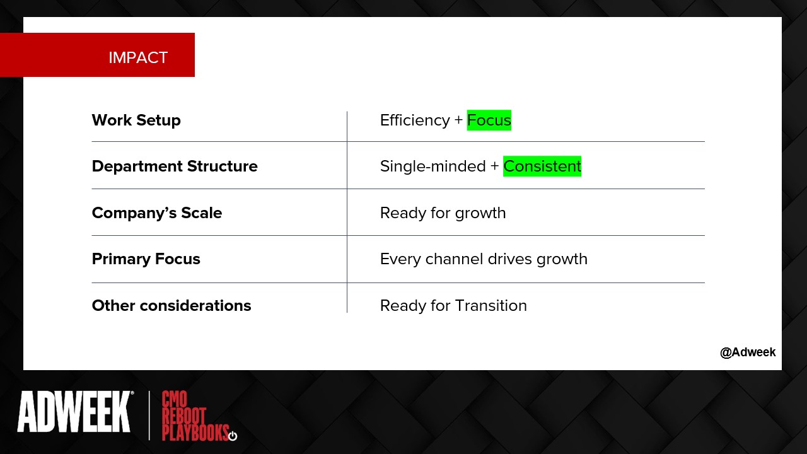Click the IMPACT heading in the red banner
(x=138, y=57)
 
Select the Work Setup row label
(x=136, y=120)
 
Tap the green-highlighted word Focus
(x=489, y=120)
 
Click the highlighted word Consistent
(x=542, y=166)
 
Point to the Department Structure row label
(x=175, y=166)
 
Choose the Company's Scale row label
(x=157, y=212)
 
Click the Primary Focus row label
(x=146, y=259)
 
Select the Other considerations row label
(x=171, y=306)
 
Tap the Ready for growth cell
(x=443, y=213)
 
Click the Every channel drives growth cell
(x=484, y=259)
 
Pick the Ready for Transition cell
(x=453, y=306)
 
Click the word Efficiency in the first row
(x=415, y=120)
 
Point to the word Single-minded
(x=433, y=166)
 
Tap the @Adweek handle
(x=748, y=352)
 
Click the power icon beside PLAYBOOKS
(x=233, y=436)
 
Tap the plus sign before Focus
(x=458, y=120)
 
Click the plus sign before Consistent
(x=495, y=166)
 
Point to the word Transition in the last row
(x=491, y=306)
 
